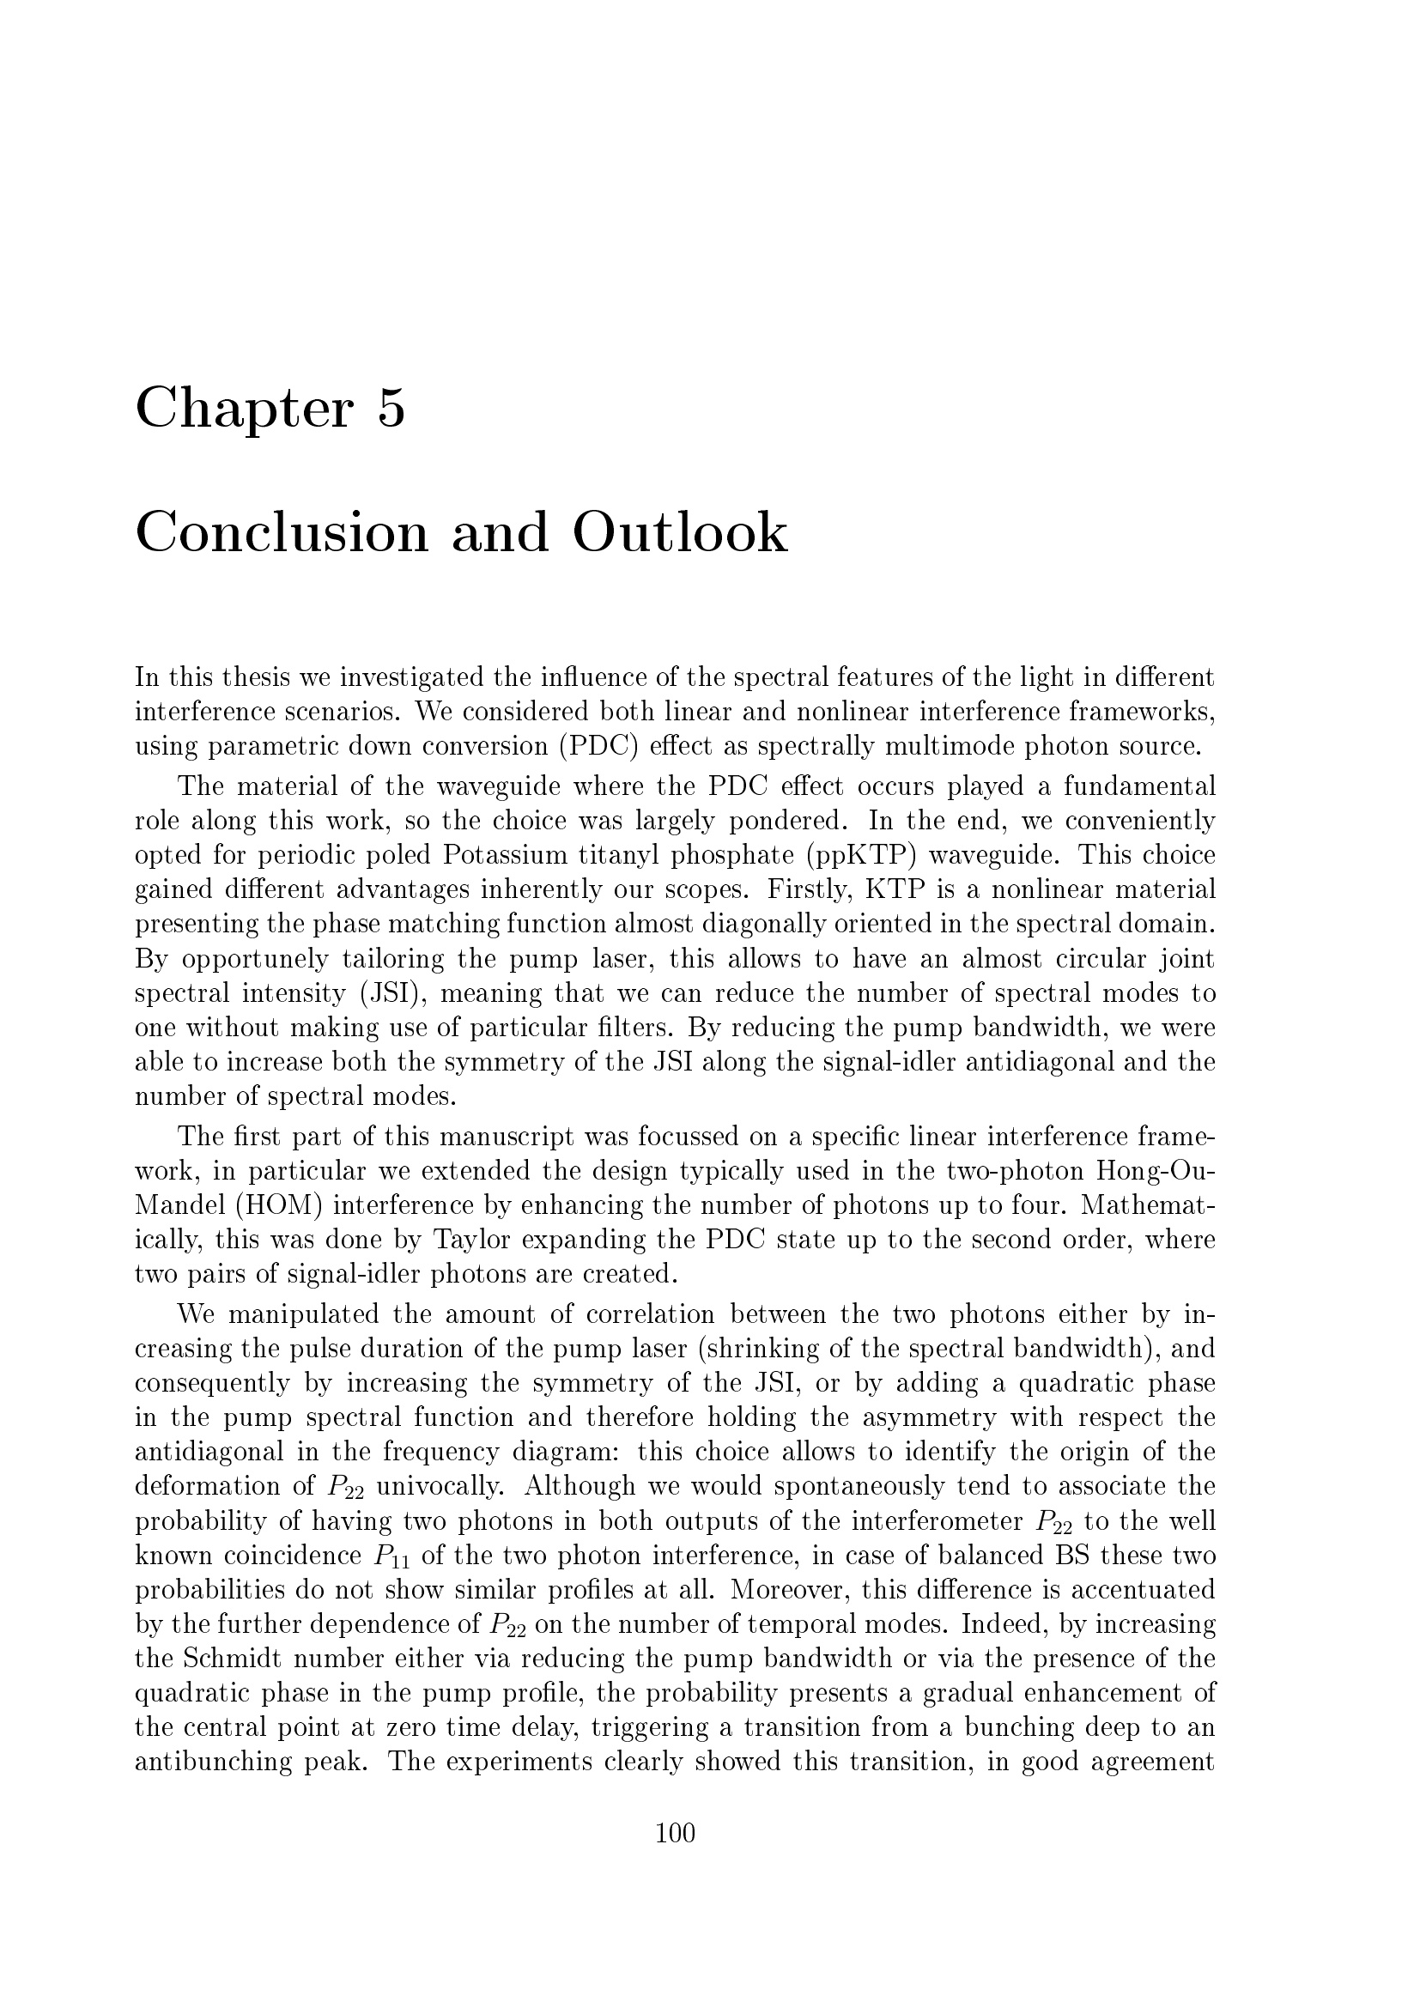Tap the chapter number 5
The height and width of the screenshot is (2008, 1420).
point(391,408)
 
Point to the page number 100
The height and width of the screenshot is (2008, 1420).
point(675,1832)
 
